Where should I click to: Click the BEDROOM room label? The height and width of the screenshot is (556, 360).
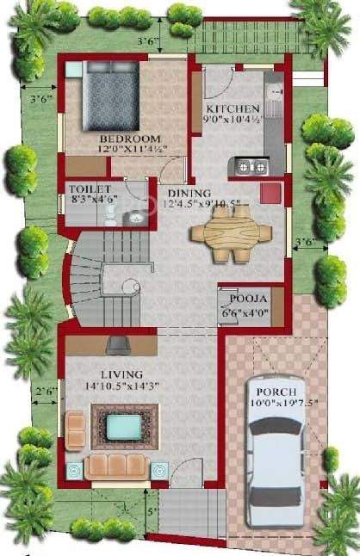[x=130, y=138]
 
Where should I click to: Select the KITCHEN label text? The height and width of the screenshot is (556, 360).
[x=231, y=108]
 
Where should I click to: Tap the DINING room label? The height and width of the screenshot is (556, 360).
[x=186, y=193]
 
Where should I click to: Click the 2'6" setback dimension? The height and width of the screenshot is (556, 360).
[x=46, y=392]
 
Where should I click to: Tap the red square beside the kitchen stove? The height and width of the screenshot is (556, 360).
[x=272, y=190]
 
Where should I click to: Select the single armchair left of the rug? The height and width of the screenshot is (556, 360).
[x=76, y=425]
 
